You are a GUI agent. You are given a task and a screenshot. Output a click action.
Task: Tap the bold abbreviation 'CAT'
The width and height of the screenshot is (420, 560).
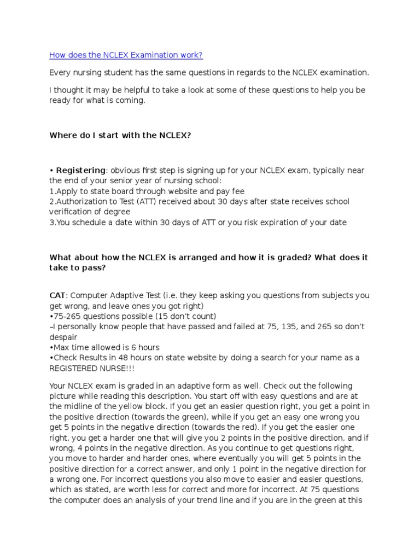point(58,295)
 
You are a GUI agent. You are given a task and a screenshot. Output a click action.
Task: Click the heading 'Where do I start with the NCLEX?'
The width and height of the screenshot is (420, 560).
point(120,135)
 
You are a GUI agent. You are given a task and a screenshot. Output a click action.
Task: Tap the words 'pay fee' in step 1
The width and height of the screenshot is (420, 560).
point(230,191)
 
